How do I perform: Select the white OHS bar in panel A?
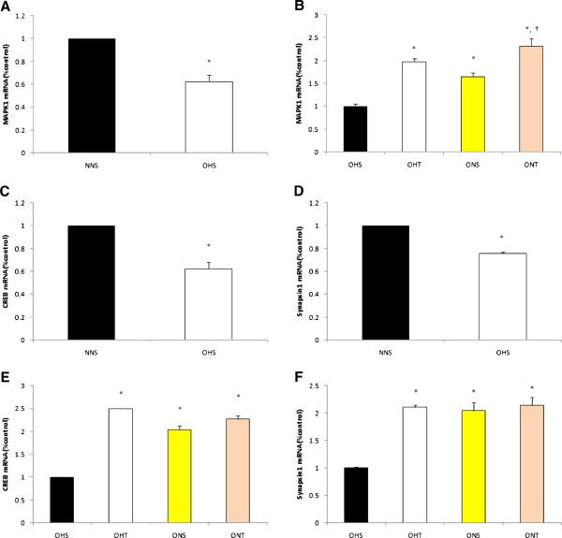pyautogui.click(x=202, y=117)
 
